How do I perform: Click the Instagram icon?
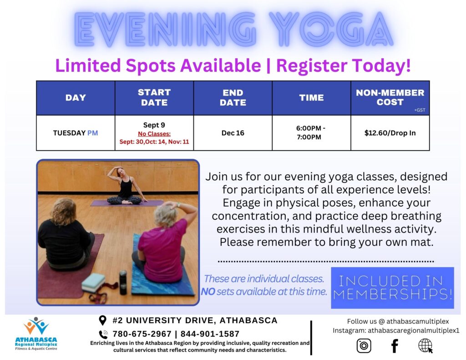[x=364, y=345]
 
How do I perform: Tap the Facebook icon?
[x=395, y=346]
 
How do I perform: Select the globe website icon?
[x=425, y=346]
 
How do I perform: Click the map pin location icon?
[x=102, y=320]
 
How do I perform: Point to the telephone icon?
[x=103, y=335]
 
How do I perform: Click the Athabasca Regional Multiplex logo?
[x=36, y=334]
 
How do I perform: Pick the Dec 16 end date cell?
[x=233, y=133]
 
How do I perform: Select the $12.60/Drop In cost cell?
[x=390, y=133]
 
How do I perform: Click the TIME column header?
[x=311, y=98]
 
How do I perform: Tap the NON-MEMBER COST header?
[x=390, y=97]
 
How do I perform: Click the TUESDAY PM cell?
[x=76, y=133]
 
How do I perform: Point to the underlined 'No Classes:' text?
[x=154, y=134]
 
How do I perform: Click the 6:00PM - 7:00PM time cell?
[x=311, y=133]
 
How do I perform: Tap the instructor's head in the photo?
[x=120, y=172]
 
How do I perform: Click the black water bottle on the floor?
[x=123, y=283]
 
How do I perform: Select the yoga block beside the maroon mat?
[x=93, y=283]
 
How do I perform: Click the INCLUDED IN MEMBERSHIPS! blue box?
[x=392, y=288]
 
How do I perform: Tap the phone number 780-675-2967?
[x=142, y=334]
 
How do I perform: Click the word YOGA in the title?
[x=331, y=29]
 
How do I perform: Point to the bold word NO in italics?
[x=208, y=292]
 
